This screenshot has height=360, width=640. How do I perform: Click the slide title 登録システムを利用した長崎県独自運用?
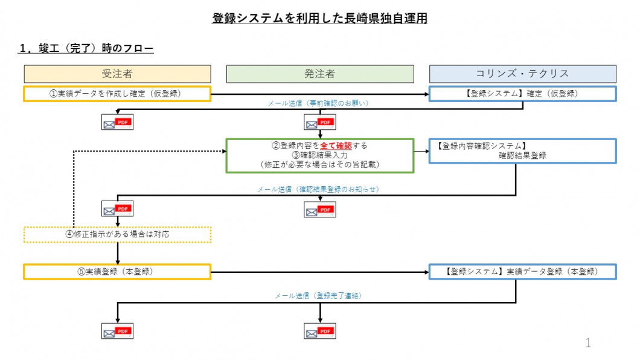click(319, 19)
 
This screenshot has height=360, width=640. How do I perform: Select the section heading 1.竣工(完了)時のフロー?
click(86, 49)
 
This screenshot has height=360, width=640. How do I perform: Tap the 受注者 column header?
click(117, 74)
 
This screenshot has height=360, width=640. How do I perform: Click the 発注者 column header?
click(320, 74)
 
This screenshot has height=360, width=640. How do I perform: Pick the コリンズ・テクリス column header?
click(522, 74)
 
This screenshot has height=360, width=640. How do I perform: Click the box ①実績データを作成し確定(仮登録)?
click(117, 94)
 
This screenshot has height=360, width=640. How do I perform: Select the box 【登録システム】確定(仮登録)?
click(522, 94)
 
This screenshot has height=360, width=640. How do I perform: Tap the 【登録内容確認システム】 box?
click(522, 151)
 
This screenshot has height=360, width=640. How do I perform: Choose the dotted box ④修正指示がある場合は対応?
click(117, 234)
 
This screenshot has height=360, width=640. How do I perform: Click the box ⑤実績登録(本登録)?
click(117, 271)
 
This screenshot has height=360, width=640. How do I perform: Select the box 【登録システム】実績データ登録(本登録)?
click(522, 271)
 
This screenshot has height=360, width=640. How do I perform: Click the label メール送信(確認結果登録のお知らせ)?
click(318, 189)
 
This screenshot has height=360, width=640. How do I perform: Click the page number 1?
click(588, 343)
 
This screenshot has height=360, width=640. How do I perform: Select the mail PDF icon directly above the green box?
click(320, 123)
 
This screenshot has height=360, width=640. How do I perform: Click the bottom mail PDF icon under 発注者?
click(320, 332)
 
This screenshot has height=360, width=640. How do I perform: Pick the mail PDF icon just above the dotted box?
click(117, 209)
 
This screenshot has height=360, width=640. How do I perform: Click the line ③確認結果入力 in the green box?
click(319, 155)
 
